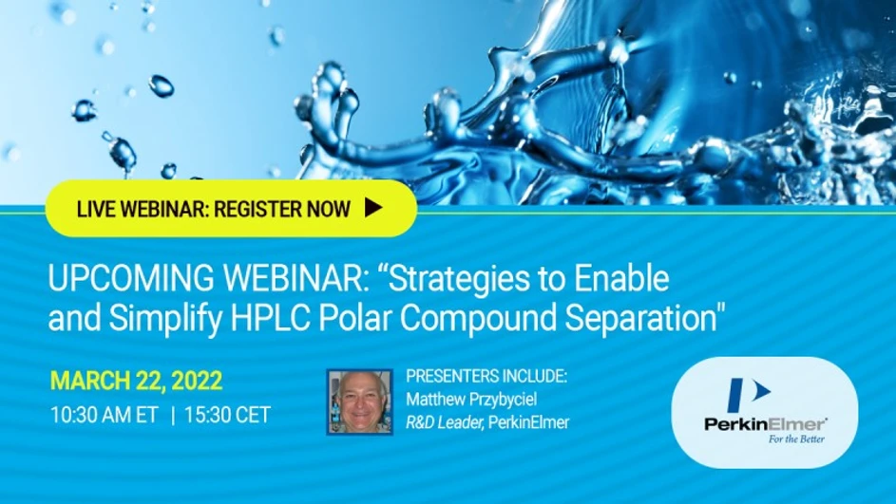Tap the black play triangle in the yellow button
point(373,208)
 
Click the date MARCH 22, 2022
point(136,382)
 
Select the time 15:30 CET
point(227,415)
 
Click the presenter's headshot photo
point(359,401)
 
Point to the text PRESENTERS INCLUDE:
point(486,377)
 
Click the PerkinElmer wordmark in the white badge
point(765,423)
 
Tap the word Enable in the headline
point(623,279)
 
